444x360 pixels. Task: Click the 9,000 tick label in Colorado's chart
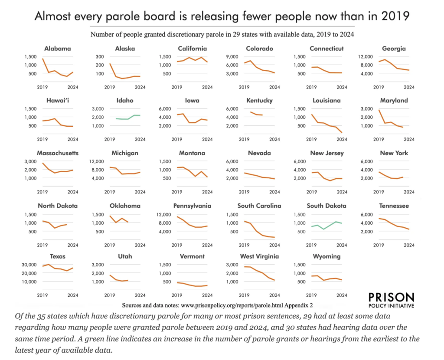coord(232,56)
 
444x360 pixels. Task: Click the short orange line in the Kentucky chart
coord(255,114)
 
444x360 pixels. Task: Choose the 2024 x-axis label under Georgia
coord(408,87)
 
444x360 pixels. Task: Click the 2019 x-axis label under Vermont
coord(176,295)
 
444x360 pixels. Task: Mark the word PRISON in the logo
coord(390,297)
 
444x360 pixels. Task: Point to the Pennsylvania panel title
coord(192,206)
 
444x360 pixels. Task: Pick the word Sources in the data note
coord(134,305)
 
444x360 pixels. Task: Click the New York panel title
coord(394,153)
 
